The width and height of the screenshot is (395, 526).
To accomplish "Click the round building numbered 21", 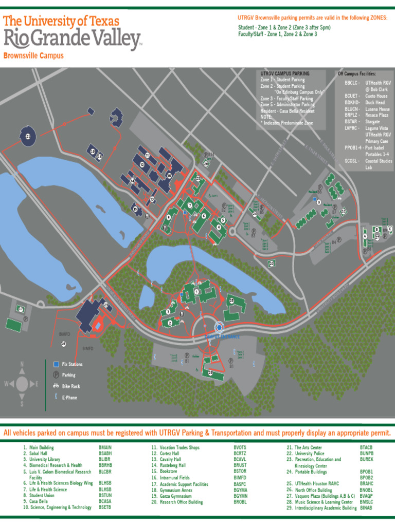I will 28,136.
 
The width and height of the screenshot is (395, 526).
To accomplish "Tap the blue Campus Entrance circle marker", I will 219,327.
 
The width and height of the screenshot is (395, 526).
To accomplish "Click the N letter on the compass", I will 22,364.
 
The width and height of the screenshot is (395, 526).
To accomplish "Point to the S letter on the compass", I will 22,404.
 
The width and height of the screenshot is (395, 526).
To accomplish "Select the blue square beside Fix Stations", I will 56,364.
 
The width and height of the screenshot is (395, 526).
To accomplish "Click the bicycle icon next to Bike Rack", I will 56,386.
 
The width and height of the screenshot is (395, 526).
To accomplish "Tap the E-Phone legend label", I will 69,398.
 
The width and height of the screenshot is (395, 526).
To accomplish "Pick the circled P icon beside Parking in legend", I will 56,375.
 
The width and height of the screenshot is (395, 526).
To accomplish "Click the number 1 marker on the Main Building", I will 197,292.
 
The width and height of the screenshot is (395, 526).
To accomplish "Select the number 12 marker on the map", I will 141,164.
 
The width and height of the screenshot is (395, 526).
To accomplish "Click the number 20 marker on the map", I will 271,264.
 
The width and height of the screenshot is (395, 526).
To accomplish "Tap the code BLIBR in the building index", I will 104,459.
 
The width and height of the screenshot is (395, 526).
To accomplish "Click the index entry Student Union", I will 41,495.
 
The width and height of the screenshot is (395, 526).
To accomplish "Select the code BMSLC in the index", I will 366,501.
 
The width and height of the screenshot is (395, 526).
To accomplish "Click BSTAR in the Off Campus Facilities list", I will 351,122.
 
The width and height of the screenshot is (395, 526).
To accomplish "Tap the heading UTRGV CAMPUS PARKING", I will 285,74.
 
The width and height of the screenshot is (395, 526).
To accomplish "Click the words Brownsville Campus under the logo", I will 33,55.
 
